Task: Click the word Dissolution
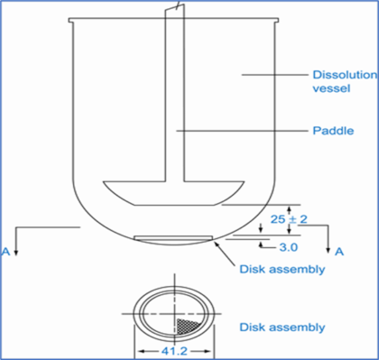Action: tap(341, 75)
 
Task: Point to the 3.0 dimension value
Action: tap(291, 246)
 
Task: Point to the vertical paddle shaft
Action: tap(173, 108)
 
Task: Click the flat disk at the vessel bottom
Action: tap(173, 238)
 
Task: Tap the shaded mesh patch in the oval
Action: tap(189, 322)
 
